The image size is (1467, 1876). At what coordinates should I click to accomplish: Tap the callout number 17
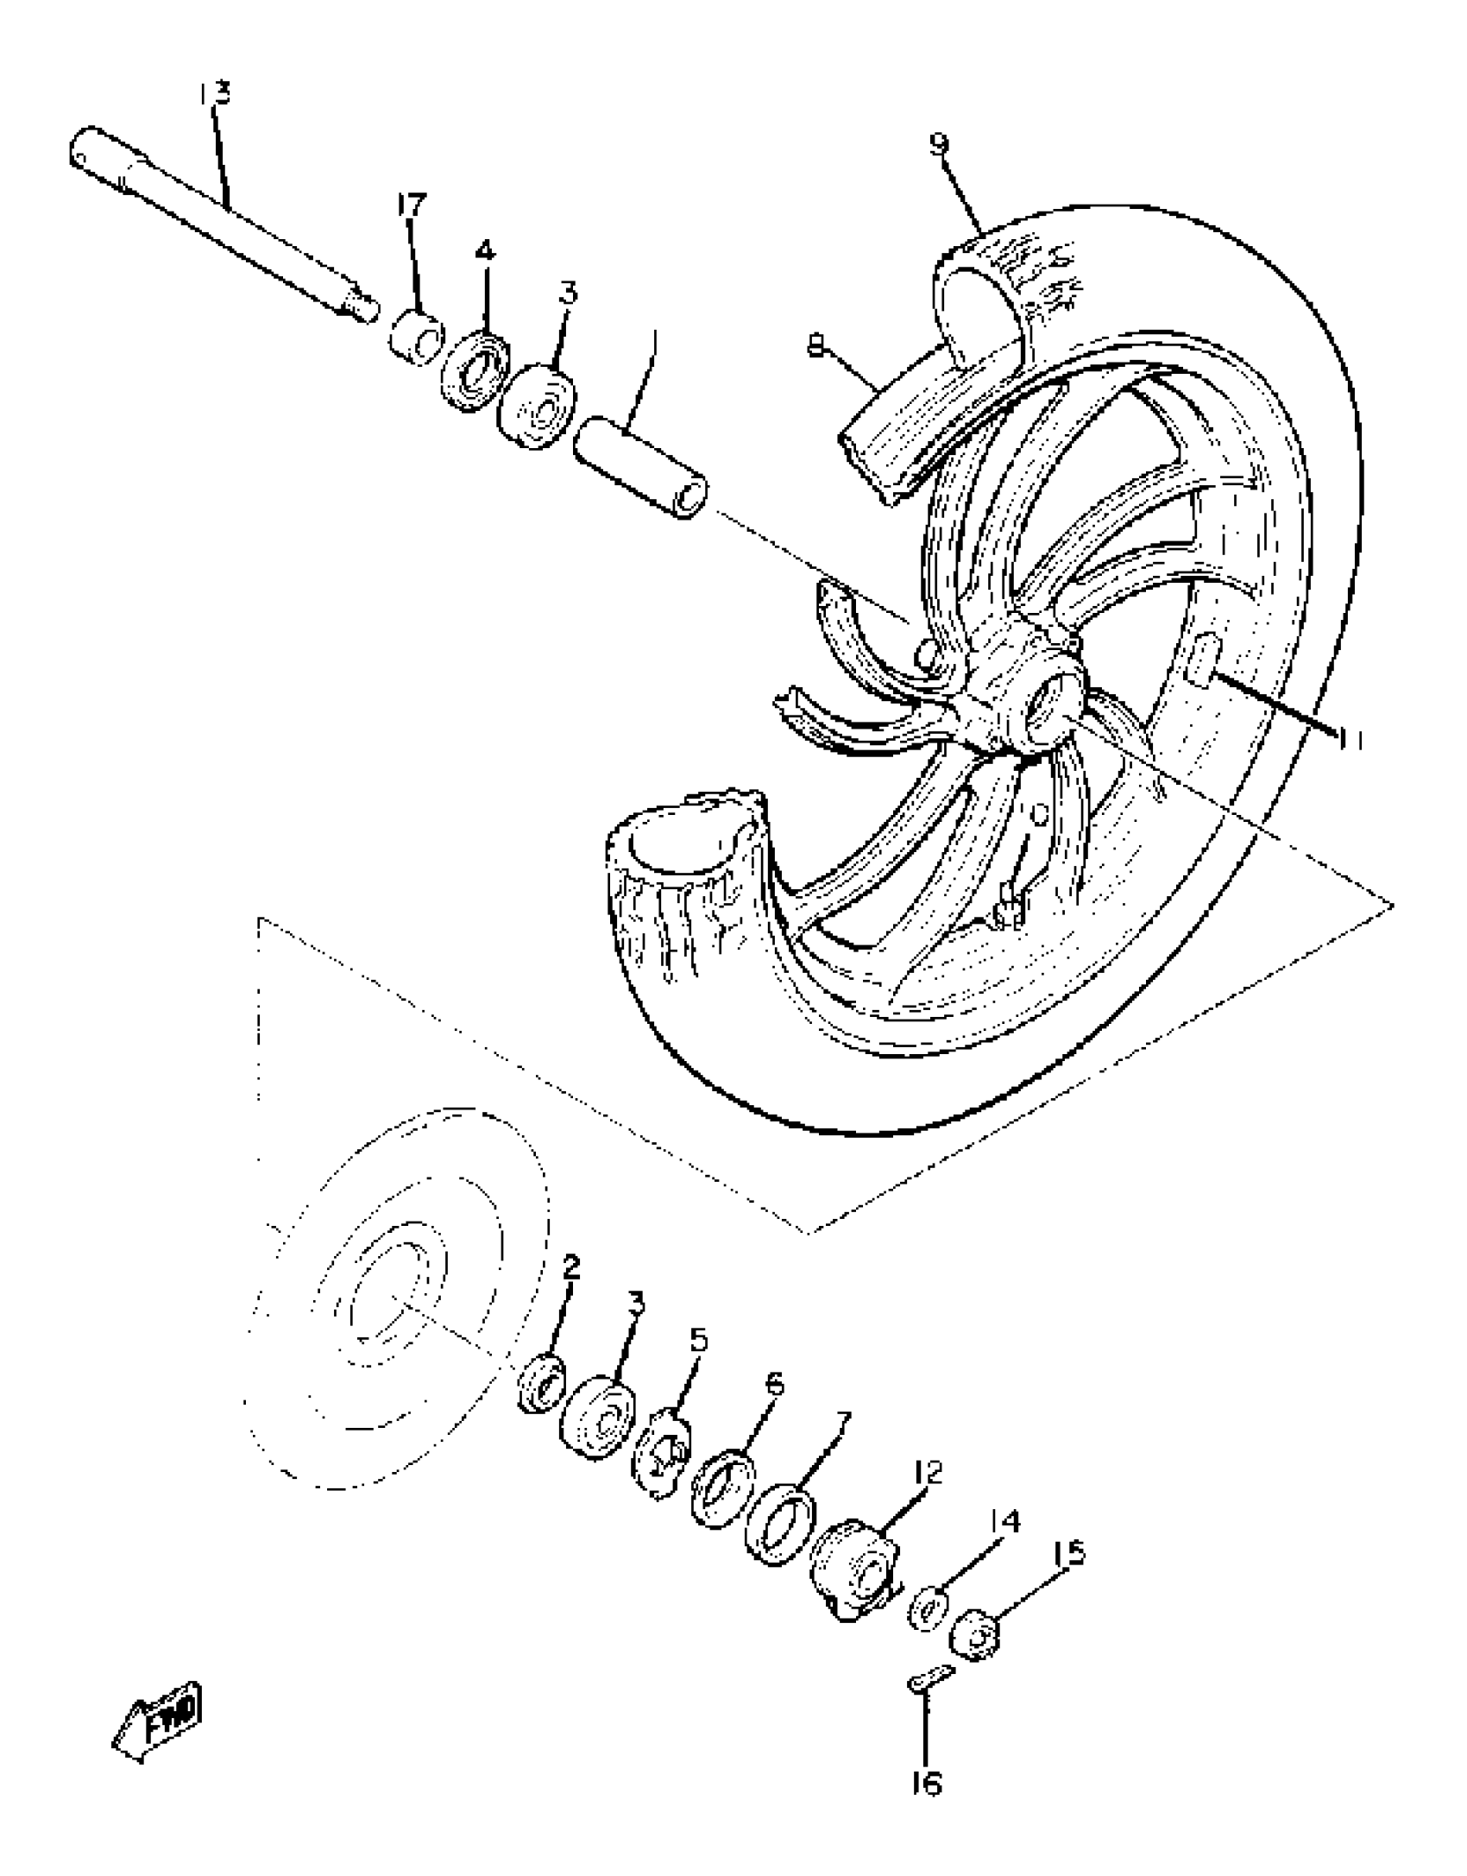click(412, 205)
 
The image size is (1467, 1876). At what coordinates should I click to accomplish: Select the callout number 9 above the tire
click(939, 143)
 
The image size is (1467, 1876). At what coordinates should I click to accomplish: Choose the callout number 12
click(928, 1472)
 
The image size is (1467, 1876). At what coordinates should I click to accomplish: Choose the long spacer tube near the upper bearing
click(641, 467)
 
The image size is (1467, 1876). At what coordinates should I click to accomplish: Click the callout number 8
click(814, 345)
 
